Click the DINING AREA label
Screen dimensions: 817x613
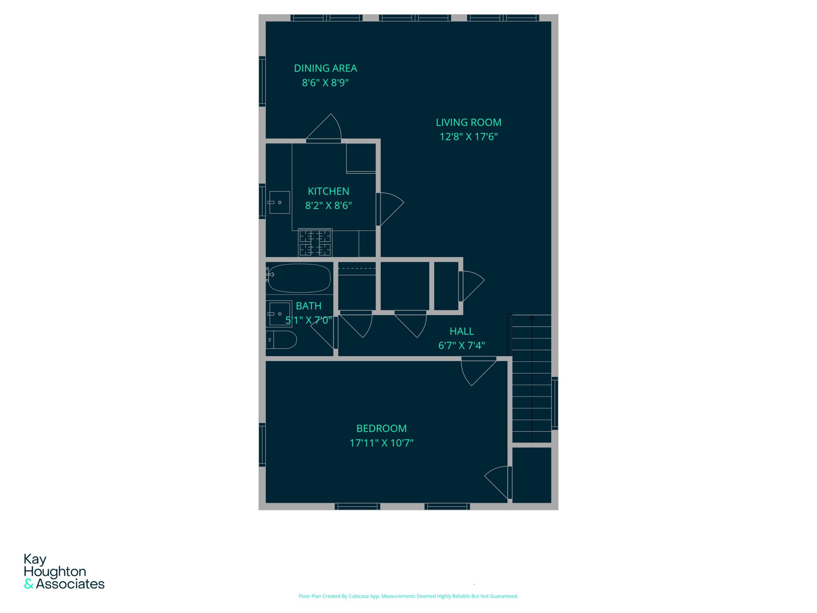click(x=326, y=68)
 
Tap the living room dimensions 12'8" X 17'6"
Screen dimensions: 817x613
click(x=469, y=137)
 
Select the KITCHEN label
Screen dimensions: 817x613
click(x=328, y=191)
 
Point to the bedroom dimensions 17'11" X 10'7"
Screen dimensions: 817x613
click(x=382, y=443)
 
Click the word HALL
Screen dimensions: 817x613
click(x=462, y=331)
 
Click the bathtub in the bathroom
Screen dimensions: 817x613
click(x=299, y=278)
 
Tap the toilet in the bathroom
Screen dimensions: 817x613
click(x=281, y=340)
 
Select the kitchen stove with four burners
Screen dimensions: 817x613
click(x=315, y=242)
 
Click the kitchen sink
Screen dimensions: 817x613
click(x=279, y=202)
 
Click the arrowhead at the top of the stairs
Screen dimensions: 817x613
click(x=531, y=317)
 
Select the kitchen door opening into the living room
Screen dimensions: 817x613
click(x=390, y=209)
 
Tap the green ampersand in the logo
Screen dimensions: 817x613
click(x=29, y=584)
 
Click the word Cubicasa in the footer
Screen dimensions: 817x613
click(x=359, y=596)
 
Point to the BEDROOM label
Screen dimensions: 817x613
click(x=382, y=428)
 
